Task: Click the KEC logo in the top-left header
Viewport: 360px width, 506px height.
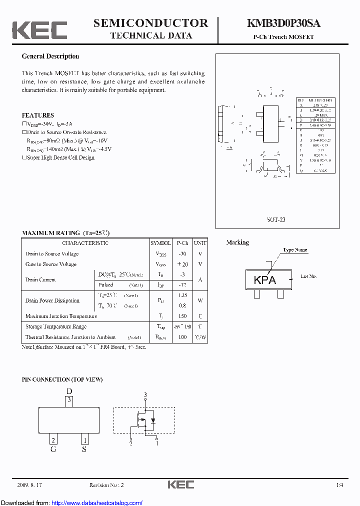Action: tap(39, 30)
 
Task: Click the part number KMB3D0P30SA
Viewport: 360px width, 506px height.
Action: tap(283, 23)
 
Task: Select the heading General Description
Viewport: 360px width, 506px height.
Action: tap(50, 56)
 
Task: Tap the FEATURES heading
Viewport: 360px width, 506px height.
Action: tap(37, 115)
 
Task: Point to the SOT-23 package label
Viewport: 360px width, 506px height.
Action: tap(276, 220)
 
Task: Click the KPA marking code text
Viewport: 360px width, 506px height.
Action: tap(265, 280)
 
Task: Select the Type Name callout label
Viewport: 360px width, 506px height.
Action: tap(295, 250)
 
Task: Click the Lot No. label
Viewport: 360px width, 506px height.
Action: tap(308, 276)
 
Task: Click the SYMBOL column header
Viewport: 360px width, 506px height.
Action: tap(160, 243)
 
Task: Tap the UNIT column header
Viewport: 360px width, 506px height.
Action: tap(200, 243)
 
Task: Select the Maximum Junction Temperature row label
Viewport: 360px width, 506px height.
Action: tap(61, 316)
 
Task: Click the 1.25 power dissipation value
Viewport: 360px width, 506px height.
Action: tap(182, 295)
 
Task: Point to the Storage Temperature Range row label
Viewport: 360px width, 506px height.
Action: tap(56, 326)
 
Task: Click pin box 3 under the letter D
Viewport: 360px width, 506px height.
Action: tap(69, 400)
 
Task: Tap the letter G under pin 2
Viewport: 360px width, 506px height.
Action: tap(53, 449)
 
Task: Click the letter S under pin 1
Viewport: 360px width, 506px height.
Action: tap(84, 449)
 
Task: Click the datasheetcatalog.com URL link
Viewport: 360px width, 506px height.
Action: tap(97, 502)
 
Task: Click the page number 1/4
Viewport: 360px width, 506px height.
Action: tap(340, 485)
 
